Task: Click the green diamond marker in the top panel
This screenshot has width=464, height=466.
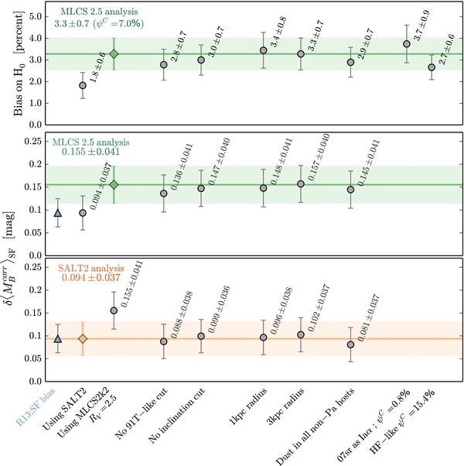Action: [x=114, y=53]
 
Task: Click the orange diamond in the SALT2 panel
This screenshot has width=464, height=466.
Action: [x=83, y=338]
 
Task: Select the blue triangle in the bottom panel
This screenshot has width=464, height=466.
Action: [x=58, y=338]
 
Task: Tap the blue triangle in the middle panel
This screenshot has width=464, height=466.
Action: [x=58, y=212]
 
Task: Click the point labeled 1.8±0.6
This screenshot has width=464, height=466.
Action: [x=83, y=85]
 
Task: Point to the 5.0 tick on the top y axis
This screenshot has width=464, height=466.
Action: [x=34, y=15]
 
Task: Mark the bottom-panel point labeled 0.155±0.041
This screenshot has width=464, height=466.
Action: [x=114, y=310]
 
